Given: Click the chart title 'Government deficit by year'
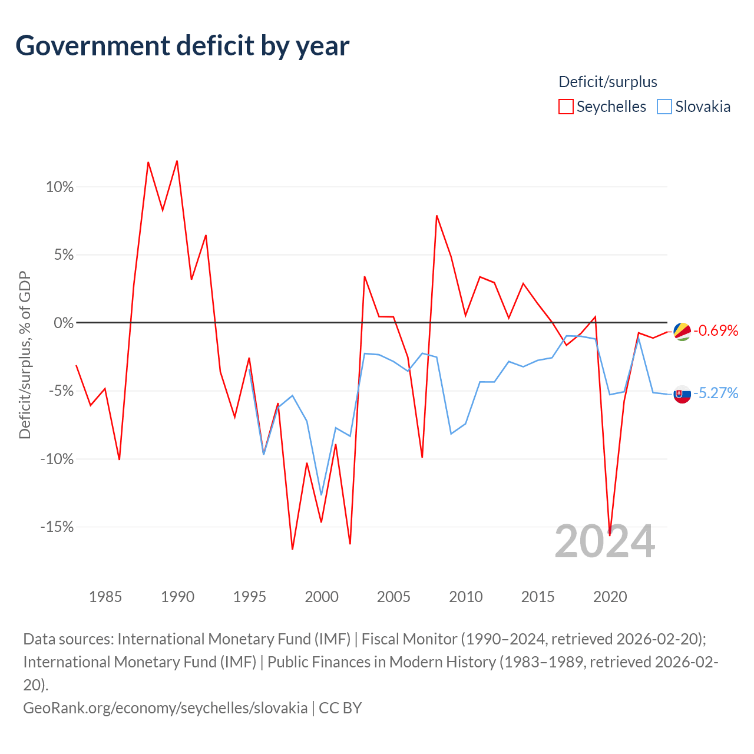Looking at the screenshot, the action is pyautogui.click(x=182, y=46).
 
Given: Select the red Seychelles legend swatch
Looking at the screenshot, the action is pyautogui.click(x=565, y=107).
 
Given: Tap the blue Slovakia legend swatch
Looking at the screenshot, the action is pyautogui.click(x=664, y=107).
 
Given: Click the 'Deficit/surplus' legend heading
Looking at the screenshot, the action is pyautogui.click(x=607, y=82).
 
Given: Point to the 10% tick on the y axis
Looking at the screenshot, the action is pyautogui.click(x=59, y=187).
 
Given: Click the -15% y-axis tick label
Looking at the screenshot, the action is pyautogui.click(x=57, y=527).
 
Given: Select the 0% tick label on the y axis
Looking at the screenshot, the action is pyautogui.click(x=64, y=323).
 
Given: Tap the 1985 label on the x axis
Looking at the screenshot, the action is pyautogui.click(x=105, y=597).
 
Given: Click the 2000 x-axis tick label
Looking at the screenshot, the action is pyautogui.click(x=322, y=597).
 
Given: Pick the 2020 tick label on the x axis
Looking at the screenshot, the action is pyautogui.click(x=610, y=597).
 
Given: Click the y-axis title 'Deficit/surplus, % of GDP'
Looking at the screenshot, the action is pyautogui.click(x=25, y=355).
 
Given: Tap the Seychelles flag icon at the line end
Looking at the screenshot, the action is pyautogui.click(x=682, y=332).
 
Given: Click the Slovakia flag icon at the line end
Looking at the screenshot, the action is pyautogui.click(x=682, y=394).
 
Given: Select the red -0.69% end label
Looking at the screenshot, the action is pyautogui.click(x=716, y=330).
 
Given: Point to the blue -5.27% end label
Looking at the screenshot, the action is pyautogui.click(x=716, y=393).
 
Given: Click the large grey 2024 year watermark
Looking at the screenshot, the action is pyautogui.click(x=604, y=542).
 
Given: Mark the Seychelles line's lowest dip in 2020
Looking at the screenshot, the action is pyautogui.click(x=610, y=535).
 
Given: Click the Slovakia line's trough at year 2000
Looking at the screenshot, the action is pyautogui.click(x=321, y=495).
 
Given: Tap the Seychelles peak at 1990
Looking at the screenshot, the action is pyautogui.click(x=177, y=161).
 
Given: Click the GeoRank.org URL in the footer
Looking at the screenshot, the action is pyautogui.click(x=165, y=708).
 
